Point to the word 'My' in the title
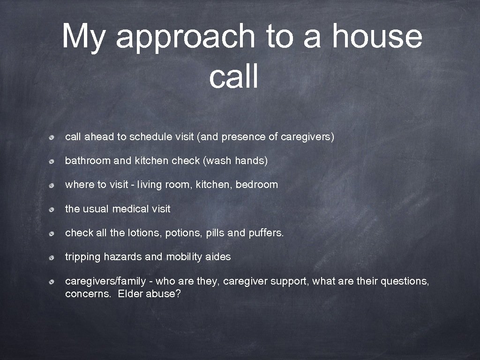83,37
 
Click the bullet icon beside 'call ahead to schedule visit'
55,137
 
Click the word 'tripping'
82,257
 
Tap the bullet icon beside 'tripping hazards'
55,257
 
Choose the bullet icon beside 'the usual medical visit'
55,210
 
